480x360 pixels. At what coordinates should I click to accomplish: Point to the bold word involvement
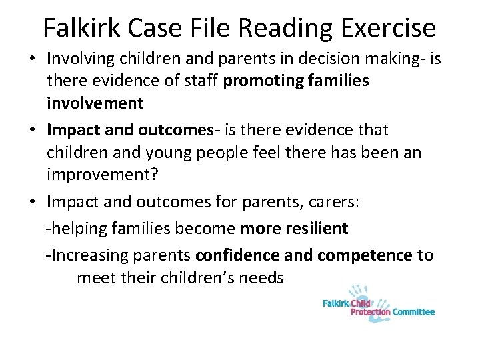click(x=95, y=104)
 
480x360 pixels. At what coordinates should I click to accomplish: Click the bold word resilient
click(x=313, y=229)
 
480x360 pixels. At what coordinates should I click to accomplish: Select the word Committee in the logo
click(x=413, y=311)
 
